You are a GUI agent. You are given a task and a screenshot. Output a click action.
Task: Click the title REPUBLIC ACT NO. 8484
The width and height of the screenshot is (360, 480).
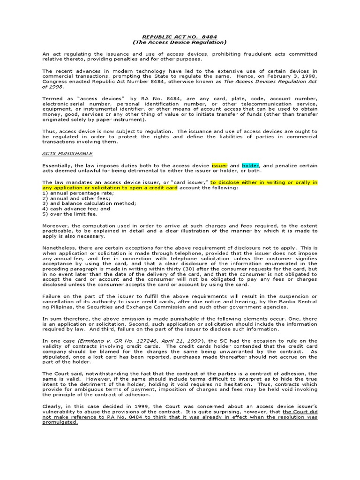coord(180,37)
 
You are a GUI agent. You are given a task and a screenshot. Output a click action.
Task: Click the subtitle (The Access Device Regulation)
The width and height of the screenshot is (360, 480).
coord(180,42)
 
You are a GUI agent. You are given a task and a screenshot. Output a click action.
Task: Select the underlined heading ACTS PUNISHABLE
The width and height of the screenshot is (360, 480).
coord(67,153)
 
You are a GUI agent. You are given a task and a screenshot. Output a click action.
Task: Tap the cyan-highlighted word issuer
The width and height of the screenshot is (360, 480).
coord(219,165)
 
